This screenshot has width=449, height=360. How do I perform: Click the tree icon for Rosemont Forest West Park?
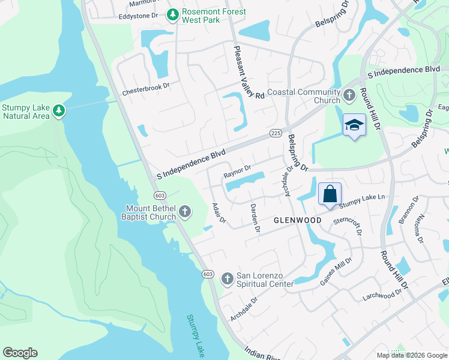point(173,14)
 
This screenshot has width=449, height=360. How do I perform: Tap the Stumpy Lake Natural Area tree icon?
point(58,110)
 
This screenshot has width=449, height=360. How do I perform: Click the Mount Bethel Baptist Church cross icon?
point(185,211)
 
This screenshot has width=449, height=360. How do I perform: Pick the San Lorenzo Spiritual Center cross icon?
point(227,278)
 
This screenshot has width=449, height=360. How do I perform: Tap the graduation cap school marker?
point(354,125)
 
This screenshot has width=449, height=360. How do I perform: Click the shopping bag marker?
point(330,194)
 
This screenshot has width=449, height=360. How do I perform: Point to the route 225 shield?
point(276,133)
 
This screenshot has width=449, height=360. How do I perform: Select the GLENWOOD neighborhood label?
point(298,220)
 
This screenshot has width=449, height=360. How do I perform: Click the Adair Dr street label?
point(218,213)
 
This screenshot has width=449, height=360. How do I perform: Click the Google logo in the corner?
point(20,353)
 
